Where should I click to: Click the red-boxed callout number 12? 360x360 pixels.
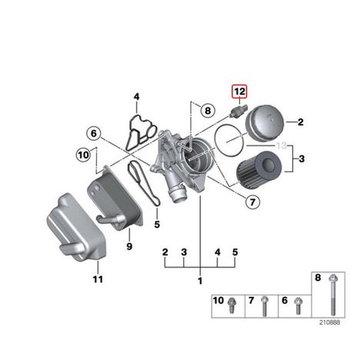tap(239, 92)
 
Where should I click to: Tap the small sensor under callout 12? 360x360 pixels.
tap(239, 111)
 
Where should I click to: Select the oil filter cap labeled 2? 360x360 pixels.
tap(265, 122)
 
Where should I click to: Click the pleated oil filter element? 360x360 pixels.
tap(259, 168)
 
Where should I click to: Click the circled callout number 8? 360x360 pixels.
tap(208, 111)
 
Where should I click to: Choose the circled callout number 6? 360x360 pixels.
tap(94, 133)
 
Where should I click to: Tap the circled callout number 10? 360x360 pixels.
tap(83, 155)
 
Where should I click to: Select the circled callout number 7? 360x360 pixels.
tap(252, 202)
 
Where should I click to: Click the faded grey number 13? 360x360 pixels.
tap(282, 145)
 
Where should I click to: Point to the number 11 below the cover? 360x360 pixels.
tap(98, 279)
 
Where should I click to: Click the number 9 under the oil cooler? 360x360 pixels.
tap(129, 246)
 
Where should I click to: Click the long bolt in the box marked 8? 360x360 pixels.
tap(333, 295)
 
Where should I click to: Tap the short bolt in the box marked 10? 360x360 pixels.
tap(232, 305)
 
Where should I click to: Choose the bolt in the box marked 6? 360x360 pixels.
tap(298, 305)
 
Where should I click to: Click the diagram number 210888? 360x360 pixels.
tap(329, 322)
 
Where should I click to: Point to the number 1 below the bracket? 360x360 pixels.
tap(200, 281)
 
